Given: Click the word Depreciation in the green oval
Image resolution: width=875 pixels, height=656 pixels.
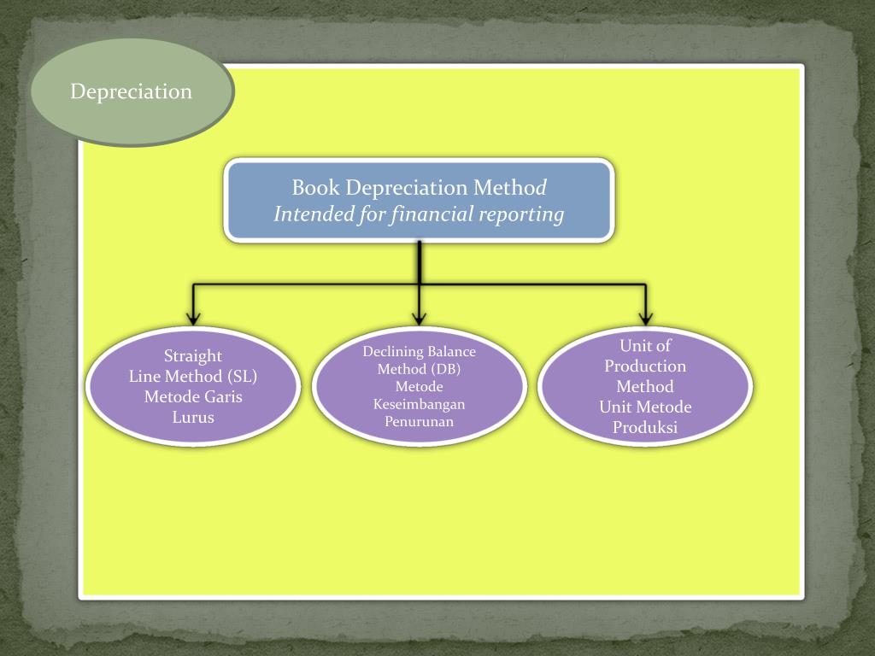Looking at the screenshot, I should point(131,91).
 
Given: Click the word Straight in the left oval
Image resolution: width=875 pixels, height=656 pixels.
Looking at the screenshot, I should point(193,356).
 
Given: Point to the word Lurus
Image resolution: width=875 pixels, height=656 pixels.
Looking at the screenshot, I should point(193,418).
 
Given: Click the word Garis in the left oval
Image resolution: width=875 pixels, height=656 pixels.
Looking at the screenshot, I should point(222,397).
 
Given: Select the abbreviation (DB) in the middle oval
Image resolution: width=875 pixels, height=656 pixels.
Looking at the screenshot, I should point(443,369).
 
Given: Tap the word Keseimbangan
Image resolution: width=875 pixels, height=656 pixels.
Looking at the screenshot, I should point(419,404).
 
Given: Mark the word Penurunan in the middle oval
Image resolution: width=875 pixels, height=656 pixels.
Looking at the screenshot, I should point(419,422).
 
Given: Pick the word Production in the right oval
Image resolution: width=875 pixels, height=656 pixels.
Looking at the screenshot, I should point(645,366).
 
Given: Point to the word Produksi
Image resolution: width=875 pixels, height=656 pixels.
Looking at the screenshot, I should point(645,428).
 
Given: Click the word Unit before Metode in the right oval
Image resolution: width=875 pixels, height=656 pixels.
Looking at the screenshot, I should point(615,407).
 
